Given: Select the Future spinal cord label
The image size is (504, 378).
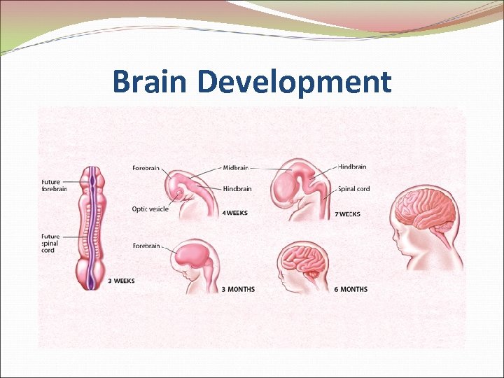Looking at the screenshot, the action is pyautogui.click(x=52, y=243).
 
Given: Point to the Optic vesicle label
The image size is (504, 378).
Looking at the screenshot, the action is pyautogui.click(x=150, y=209).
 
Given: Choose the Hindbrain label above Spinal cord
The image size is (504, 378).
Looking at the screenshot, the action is pyautogui.click(x=352, y=167).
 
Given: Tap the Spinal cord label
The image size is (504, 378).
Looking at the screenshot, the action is pyautogui.click(x=354, y=188).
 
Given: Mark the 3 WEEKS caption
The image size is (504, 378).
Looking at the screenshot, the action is pyautogui.click(x=121, y=281).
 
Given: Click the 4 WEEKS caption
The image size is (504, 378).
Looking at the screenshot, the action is pyautogui.click(x=235, y=213).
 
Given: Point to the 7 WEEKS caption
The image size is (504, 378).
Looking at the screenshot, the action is pyautogui.click(x=347, y=214).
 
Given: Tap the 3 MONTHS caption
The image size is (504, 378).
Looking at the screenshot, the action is pyautogui.click(x=238, y=289).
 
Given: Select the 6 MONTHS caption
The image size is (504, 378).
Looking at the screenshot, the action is pyautogui.click(x=350, y=289).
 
